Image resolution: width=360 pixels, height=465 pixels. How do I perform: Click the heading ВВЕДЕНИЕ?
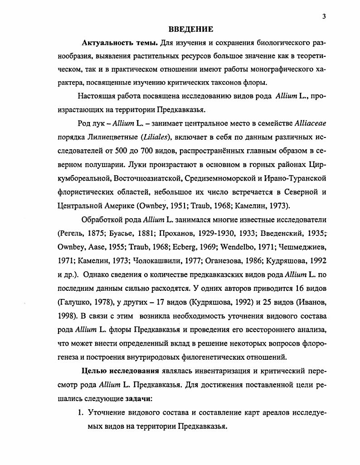coord(190,29)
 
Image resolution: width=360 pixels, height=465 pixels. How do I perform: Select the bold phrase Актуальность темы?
coord(120,43)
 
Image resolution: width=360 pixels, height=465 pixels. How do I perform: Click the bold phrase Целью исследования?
coord(121,370)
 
